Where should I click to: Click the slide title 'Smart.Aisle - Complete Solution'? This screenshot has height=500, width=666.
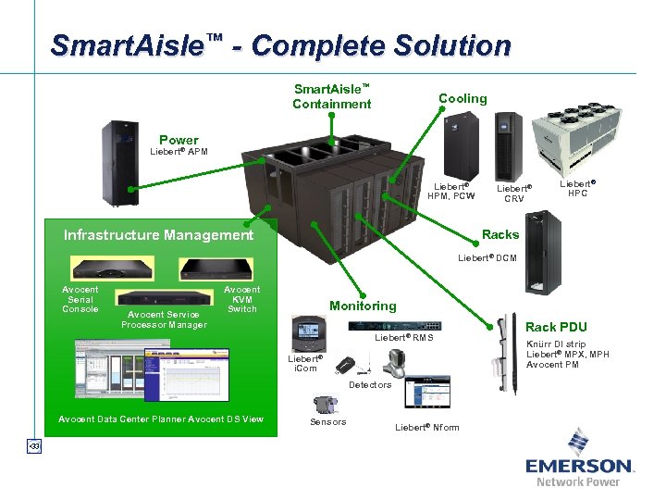coord(280,45)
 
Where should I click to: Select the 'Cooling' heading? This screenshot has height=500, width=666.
coord(462,98)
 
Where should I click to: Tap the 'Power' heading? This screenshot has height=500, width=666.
coord(179,141)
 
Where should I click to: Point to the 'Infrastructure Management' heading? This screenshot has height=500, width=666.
coord(158,235)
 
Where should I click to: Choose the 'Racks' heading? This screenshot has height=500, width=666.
coord(500,234)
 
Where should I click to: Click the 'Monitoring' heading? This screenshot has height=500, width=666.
coord(363,306)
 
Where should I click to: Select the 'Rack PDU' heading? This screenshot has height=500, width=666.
coord(556,327)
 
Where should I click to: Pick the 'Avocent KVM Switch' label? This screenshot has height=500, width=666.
coord(242,299)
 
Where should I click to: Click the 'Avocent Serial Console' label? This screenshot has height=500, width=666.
coord(80,299)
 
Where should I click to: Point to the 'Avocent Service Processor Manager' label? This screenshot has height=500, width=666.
coord(164,319)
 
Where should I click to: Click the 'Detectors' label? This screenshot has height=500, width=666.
coord(370,384)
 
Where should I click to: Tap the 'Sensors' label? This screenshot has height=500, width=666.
coord(327,422)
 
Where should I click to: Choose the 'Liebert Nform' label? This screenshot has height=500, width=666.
coord(426,427)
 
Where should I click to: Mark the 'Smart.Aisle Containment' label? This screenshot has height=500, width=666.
coord(331,96)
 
